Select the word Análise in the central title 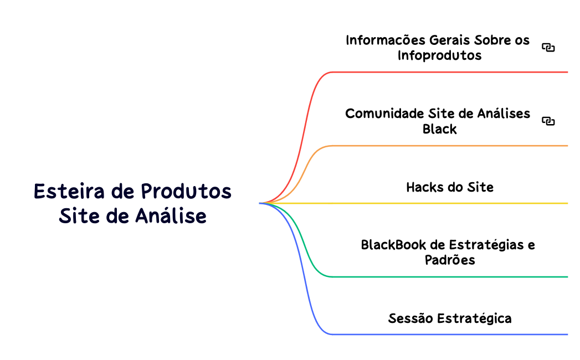(x=171, y=216)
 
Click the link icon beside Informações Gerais (x=548, y=48)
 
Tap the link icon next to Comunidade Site (x=548, y=121)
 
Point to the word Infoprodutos (x=439, y=55)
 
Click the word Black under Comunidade (x=439, y=129)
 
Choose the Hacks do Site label (x=449, y=187)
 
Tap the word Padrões (x=450, y=260)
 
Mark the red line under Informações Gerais (x=449, y=72)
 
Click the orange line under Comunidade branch (x=449, y=146)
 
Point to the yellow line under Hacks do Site (x=449, y=203)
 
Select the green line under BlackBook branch (x=449, y=276)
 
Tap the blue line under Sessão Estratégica (x=449, y=334)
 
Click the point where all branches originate (x=260, y=203)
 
